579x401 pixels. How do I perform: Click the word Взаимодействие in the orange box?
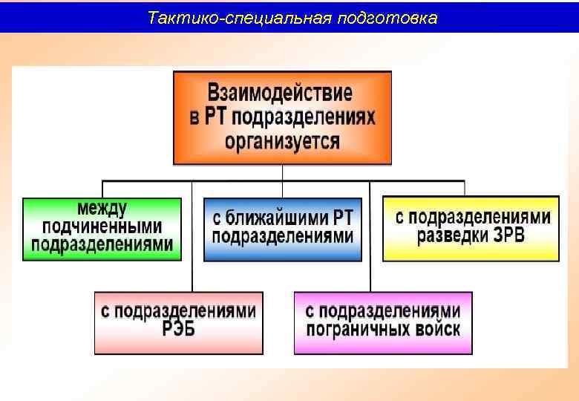coord(281,94)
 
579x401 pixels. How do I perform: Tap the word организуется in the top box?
coord(282,141)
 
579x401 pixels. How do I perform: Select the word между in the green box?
coord(102,209)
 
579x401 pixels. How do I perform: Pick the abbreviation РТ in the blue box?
coord(343,218)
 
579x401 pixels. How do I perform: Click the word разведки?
coord(458,236)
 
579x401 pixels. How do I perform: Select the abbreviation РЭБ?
coord(179,330)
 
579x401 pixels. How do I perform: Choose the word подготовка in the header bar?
coord(387,17)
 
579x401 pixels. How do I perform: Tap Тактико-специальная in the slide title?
coord(239,17)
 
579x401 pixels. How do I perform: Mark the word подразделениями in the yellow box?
coord(472,218)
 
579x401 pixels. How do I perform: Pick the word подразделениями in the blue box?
coord(283,236)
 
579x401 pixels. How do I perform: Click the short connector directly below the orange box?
coord(282,172)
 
